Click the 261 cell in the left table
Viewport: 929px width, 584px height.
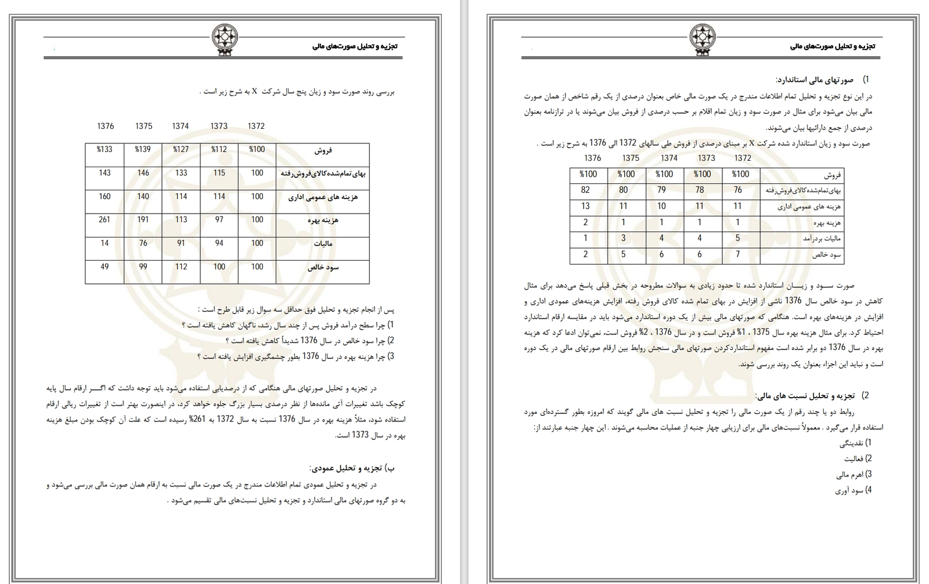(x=105, y=220)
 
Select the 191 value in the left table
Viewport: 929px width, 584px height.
(x=143, y=220)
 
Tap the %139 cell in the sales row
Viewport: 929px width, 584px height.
(x=143, y=150)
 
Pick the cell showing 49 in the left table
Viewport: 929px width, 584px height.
(x=105, y=267)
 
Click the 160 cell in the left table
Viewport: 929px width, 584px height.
(x=105, y=197)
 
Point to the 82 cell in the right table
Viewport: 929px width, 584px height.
(x=585, y=190)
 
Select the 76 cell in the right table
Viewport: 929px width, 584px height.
(x=737, y=190)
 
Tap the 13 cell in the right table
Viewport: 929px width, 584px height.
(x=585, y=206)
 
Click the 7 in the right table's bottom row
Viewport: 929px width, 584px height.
(x=737, y=254)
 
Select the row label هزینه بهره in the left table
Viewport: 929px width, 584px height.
(x=323, y=221)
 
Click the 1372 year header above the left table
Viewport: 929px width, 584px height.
(x=256, y=126)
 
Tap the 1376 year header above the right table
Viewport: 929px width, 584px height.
(x=593, y=158)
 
